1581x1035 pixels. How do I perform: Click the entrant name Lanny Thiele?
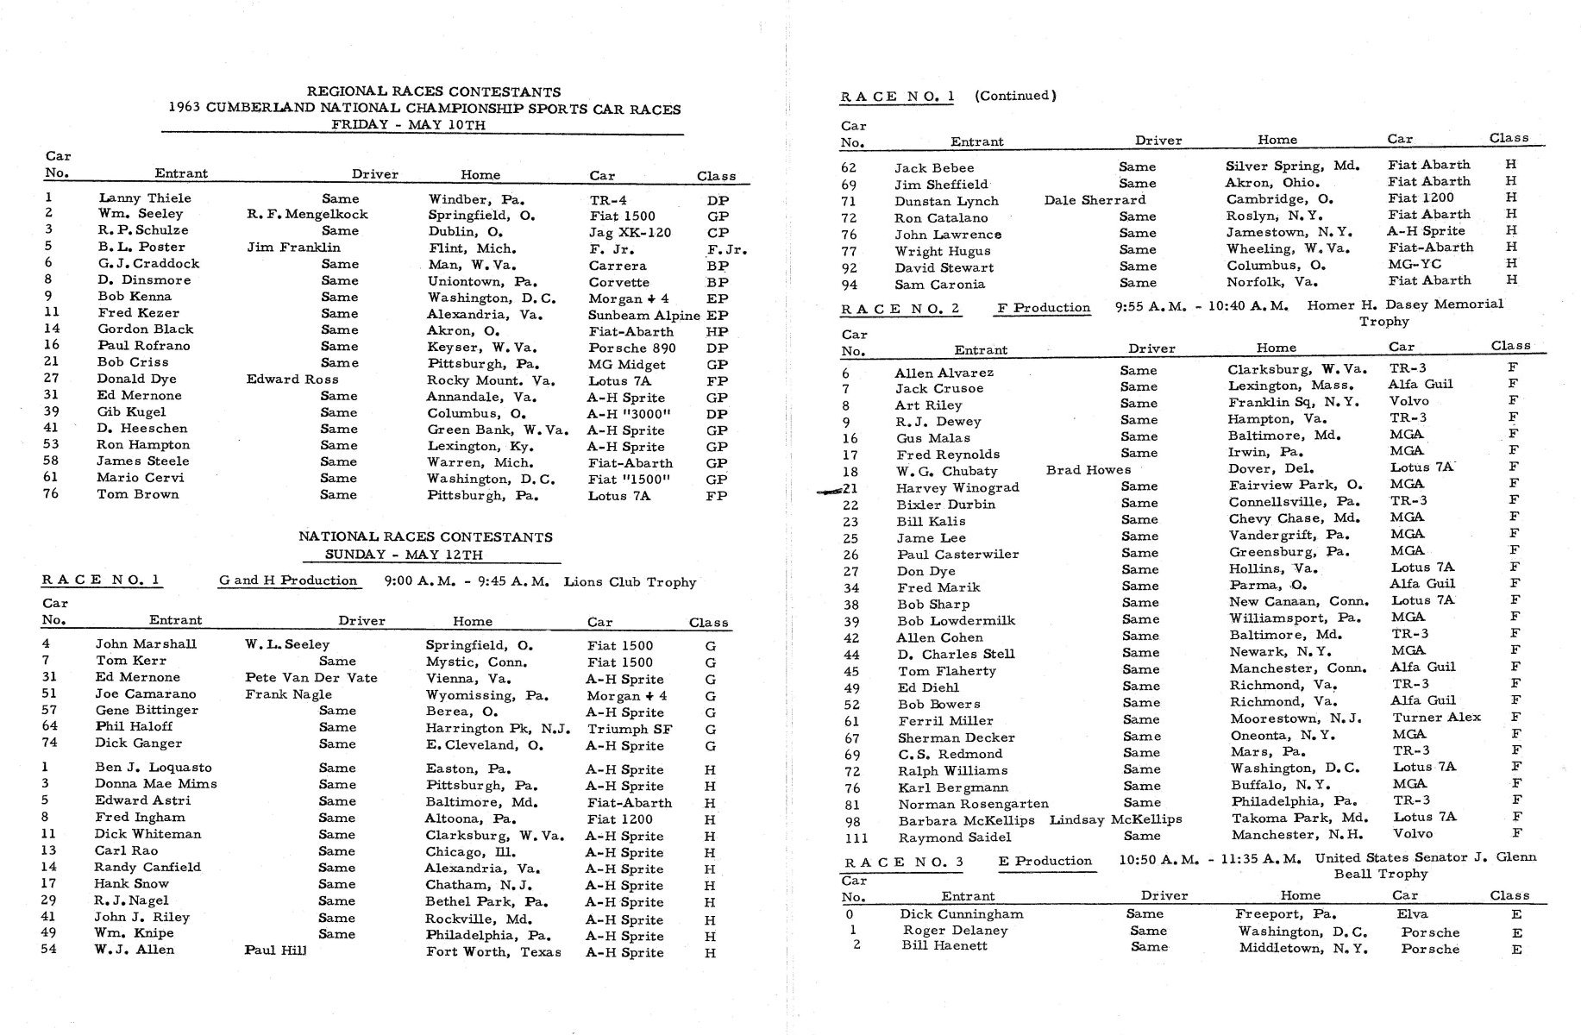145,198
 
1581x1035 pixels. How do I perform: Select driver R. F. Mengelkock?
307,215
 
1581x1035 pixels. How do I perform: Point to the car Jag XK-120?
630,232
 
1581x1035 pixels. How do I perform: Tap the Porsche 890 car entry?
631,348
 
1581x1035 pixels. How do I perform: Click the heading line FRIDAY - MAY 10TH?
408,125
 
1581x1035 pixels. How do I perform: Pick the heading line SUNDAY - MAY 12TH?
404,555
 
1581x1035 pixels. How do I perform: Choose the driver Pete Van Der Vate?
311,678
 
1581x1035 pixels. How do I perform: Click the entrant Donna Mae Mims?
156,784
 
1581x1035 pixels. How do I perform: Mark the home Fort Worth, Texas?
493,952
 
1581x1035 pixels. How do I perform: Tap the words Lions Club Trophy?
630,582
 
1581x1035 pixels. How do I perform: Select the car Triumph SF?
630,729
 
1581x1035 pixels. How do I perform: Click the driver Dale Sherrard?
1095,200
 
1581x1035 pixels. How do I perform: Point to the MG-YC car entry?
1414,264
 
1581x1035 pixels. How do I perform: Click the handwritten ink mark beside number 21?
830,491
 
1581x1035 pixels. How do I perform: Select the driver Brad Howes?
1088,470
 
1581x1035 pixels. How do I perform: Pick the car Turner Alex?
1436,718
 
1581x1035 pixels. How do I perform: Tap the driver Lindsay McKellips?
1115,819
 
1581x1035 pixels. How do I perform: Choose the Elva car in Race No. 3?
1412,914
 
